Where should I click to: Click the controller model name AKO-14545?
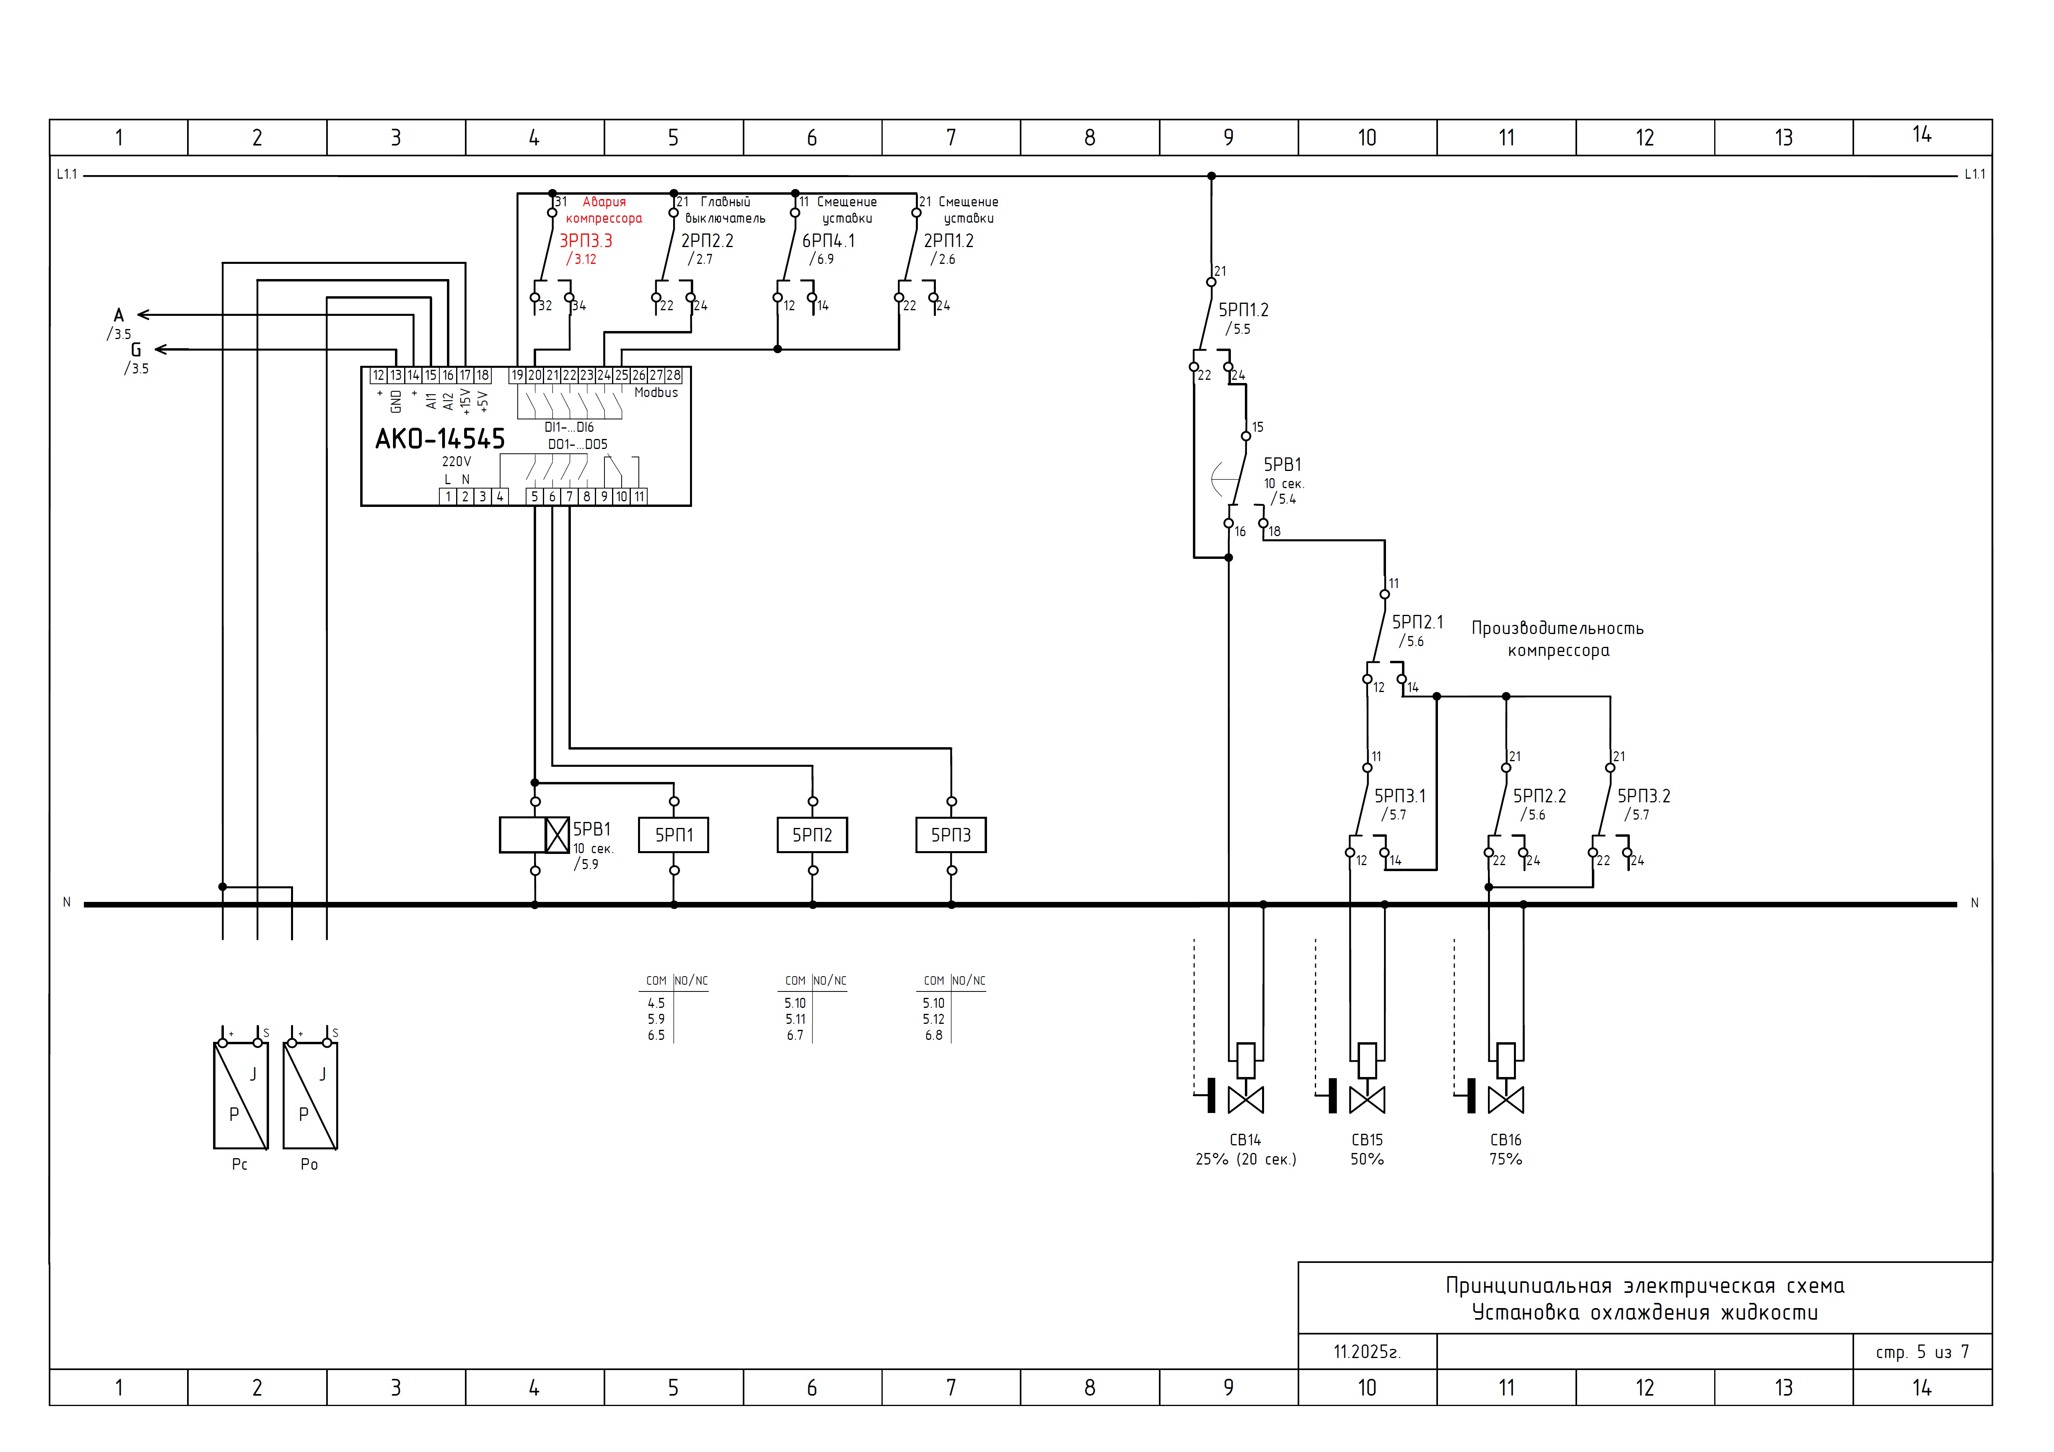coord(440,439)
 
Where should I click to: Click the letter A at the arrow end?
coord(119,315)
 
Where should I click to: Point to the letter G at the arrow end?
coord(136,350)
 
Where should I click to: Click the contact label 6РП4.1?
coord(828,241)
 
